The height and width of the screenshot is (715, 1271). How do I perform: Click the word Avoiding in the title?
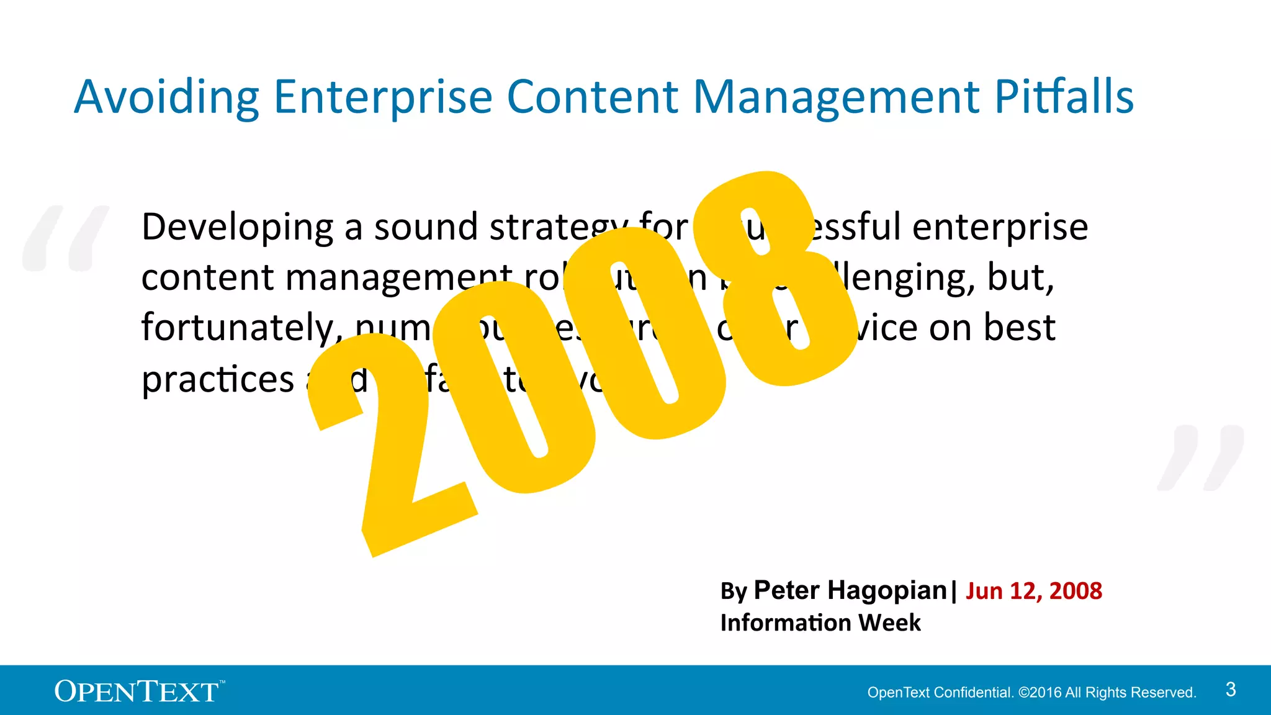[x=166, y=98]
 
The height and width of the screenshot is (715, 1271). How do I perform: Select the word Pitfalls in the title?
[x=1064, y=97]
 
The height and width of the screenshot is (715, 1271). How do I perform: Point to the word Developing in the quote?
[x=237, y=228]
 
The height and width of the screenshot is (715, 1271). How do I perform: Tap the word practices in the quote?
[x=217, y=380]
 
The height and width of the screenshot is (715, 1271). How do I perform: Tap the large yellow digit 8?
[x=776, y=279]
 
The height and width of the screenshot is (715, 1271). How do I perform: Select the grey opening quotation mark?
[x=65, y=238]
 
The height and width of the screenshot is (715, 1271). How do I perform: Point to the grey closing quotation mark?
[x=1201, y=458]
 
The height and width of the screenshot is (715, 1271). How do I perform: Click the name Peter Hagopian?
[x=850, y=590]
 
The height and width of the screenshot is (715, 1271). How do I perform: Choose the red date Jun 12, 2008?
[x=1034, y=591]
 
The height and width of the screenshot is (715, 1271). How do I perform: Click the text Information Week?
[x=820, y=623]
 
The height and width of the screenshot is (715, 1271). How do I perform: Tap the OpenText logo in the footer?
[x=138, y=691]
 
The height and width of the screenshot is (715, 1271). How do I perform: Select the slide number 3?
[x=1231, y=690]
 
